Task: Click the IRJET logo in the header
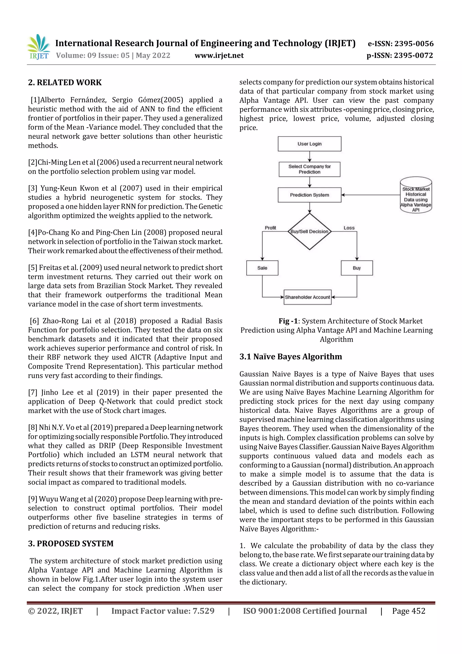coord(38,47)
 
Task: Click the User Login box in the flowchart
coord(310,144)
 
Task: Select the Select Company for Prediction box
coord(310,169)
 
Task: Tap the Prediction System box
coord(310,195)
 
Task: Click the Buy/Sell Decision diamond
coord(310,231)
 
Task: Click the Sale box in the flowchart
coord(262,268)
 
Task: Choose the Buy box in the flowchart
coord(357,268)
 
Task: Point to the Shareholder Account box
coord(307,297)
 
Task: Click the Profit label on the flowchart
coord(270,228)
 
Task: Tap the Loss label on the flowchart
coord(349,228)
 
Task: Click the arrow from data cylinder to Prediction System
coord(370,195)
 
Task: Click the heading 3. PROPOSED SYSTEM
coord(71,543)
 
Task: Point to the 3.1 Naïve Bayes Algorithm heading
coord(291,357)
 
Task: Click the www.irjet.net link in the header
coord(219,55)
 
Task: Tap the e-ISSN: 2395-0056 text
coord(400,44)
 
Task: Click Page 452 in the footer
coord(409,611)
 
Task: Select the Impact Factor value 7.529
coord(163,611)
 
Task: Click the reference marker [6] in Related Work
coord(35,321)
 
